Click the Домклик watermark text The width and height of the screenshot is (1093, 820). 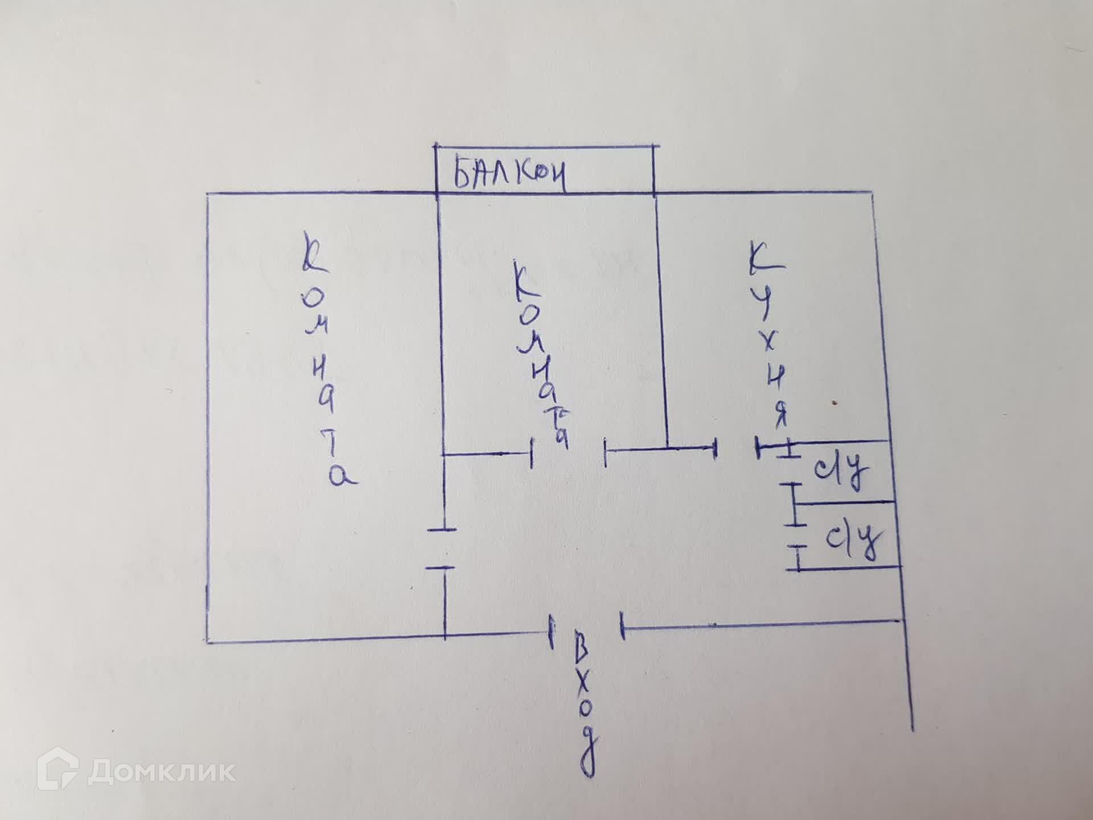[162, 772]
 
